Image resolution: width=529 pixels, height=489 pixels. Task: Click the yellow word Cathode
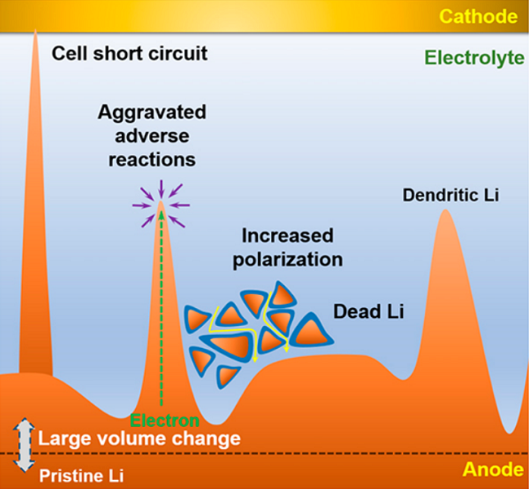point(478,16)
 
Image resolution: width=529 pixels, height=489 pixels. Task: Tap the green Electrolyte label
point(474,58)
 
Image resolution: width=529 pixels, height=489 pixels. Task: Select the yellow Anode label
point(493,469)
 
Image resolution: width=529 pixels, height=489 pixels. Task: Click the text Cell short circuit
point(129,54)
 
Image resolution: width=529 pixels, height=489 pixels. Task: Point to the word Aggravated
point(152,112)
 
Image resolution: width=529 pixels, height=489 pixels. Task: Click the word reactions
point(152,160)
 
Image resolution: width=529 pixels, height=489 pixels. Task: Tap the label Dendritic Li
point(451,195)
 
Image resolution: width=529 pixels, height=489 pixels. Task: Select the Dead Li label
point(369,311)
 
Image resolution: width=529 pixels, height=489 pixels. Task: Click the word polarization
point(288,260)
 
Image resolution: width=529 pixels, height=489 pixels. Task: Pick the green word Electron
point(164,421)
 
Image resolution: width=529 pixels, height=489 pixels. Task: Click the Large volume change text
point(139,438)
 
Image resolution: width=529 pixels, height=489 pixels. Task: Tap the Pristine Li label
point(81,476)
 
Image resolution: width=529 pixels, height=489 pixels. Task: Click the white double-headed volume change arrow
point(24,445)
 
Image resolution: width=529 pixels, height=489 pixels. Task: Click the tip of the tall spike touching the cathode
point(36,30)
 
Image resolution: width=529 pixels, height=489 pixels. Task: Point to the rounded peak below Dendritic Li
point(446,210)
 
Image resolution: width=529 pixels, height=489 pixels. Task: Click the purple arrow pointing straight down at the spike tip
point(161,189)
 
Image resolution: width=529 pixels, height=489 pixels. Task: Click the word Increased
point(288,236)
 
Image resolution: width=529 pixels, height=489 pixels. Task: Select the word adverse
point(152,136)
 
